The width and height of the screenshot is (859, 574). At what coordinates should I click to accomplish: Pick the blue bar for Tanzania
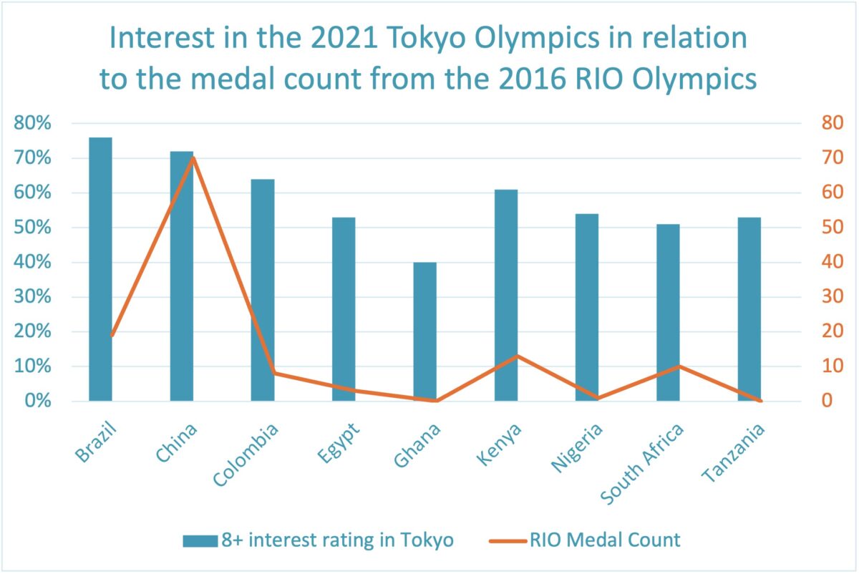(x=749, y=308)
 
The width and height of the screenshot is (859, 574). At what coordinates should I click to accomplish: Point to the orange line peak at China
(x=193, y=157)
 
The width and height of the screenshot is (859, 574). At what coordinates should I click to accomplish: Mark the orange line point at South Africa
(x=679, y=366)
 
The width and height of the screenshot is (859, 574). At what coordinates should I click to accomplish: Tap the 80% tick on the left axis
(x=33, y=124)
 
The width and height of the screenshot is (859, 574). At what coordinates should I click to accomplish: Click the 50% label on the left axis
(x=33, y=228)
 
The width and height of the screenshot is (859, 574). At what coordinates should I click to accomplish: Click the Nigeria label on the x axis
(x=576, y=449)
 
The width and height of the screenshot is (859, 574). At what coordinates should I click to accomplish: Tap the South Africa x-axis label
(x=642, y=463)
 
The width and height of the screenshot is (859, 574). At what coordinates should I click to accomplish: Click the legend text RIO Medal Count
(x=606, y=540)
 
